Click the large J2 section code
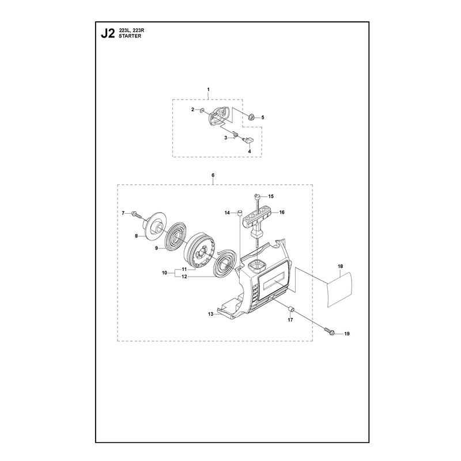tap(108, 34)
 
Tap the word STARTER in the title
tap(130, 36)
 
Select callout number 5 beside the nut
tap(263, 118)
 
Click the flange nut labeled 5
tap(252, 117)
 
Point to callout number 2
tap(193, 109)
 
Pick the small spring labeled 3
tap(236, 134)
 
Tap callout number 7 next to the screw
tap(123, 213)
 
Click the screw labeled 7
tap(137, 214)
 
